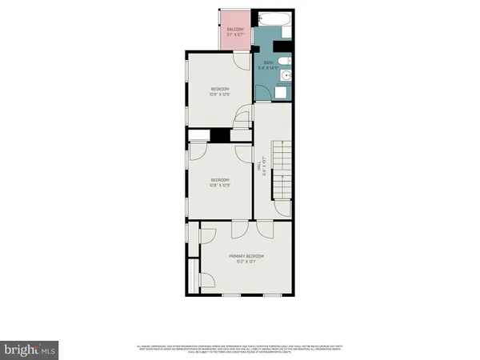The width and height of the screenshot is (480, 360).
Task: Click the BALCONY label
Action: click(235, 30)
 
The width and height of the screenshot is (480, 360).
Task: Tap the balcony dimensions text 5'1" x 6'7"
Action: click(235, 35)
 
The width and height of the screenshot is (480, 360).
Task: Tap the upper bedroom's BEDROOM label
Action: click(220, 88)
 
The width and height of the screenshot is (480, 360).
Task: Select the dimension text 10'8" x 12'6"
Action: click(220, 94)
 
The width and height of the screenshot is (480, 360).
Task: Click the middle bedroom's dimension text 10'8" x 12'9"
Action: click(220, 186)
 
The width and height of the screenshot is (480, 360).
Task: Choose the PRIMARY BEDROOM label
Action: click(246, 256)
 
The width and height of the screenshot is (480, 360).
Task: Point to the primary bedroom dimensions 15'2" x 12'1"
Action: click(246, 262)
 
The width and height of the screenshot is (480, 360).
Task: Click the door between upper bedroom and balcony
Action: click(240, 61)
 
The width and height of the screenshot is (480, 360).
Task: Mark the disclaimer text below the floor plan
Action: click(240, 348)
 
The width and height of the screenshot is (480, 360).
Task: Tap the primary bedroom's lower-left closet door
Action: click(205, 279)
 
